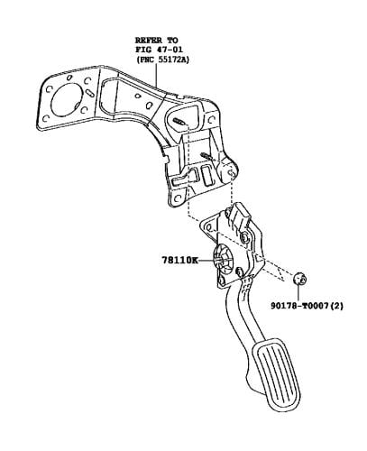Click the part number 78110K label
point(179,260)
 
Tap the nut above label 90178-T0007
point(299,278)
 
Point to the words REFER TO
point(156,41)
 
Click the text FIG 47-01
point(159,50)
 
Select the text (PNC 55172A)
point(163,60)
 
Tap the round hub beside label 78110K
point(223,260)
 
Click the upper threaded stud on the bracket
point(179,122)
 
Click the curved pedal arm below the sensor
point(239,313)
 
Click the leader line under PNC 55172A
point(156,75)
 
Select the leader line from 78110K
point(206,261)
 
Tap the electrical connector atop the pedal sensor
point(241,214)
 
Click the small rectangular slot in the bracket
point(206,176)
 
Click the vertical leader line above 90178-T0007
point(298,292)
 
